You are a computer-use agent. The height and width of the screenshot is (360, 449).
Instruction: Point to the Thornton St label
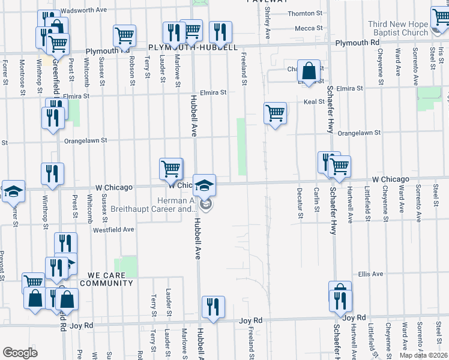click(301, 13)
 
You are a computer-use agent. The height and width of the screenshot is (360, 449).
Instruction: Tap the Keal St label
click(314, 102)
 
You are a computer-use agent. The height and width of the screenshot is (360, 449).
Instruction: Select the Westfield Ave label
click(113, 229)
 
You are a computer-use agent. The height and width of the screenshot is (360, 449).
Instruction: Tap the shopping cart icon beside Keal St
click(275, 112)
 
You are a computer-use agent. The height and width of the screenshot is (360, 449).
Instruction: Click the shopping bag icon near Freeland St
click(309, 71)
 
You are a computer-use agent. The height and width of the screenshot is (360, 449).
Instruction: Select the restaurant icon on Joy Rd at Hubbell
click(213, 306)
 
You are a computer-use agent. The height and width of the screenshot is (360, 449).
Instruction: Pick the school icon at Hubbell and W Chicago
click(204, 184)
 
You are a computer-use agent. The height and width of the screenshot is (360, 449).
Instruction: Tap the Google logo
click(20, 352)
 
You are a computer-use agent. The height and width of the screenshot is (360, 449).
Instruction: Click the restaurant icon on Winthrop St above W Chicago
click(52, 173)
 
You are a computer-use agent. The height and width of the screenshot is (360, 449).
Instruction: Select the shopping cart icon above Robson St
click(124, 35)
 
